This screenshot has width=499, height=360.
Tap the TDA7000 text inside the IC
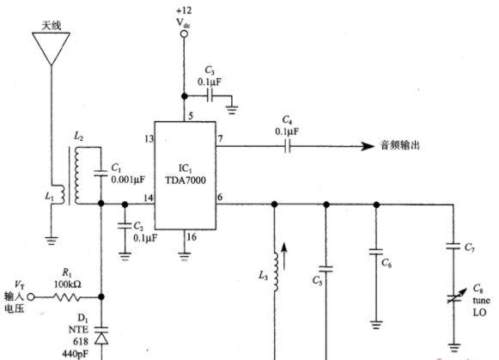(186, 180)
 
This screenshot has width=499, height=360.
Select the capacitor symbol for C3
(210, 95)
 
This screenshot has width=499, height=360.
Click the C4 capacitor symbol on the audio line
(288, 146)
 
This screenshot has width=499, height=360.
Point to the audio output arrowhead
(368, 146)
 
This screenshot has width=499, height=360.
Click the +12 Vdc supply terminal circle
(184, 34)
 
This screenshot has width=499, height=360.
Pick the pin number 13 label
(149, 139)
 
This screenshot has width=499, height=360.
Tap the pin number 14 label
(149, 198)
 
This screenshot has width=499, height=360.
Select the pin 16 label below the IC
(192, 237)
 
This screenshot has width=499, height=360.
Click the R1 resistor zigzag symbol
(67, 297)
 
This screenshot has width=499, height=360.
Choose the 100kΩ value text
(68, 284)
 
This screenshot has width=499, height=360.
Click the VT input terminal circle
(31, 297)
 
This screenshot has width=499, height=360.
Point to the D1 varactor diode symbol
(101, 336)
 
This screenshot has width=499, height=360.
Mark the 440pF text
(76, 354)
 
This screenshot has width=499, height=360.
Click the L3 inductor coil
(276, 272)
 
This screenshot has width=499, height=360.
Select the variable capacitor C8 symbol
(456, 296)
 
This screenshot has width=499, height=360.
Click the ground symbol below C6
(376, 325)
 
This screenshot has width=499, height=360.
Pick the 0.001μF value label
(128, 180)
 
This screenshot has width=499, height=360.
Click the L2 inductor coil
(76, 175)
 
